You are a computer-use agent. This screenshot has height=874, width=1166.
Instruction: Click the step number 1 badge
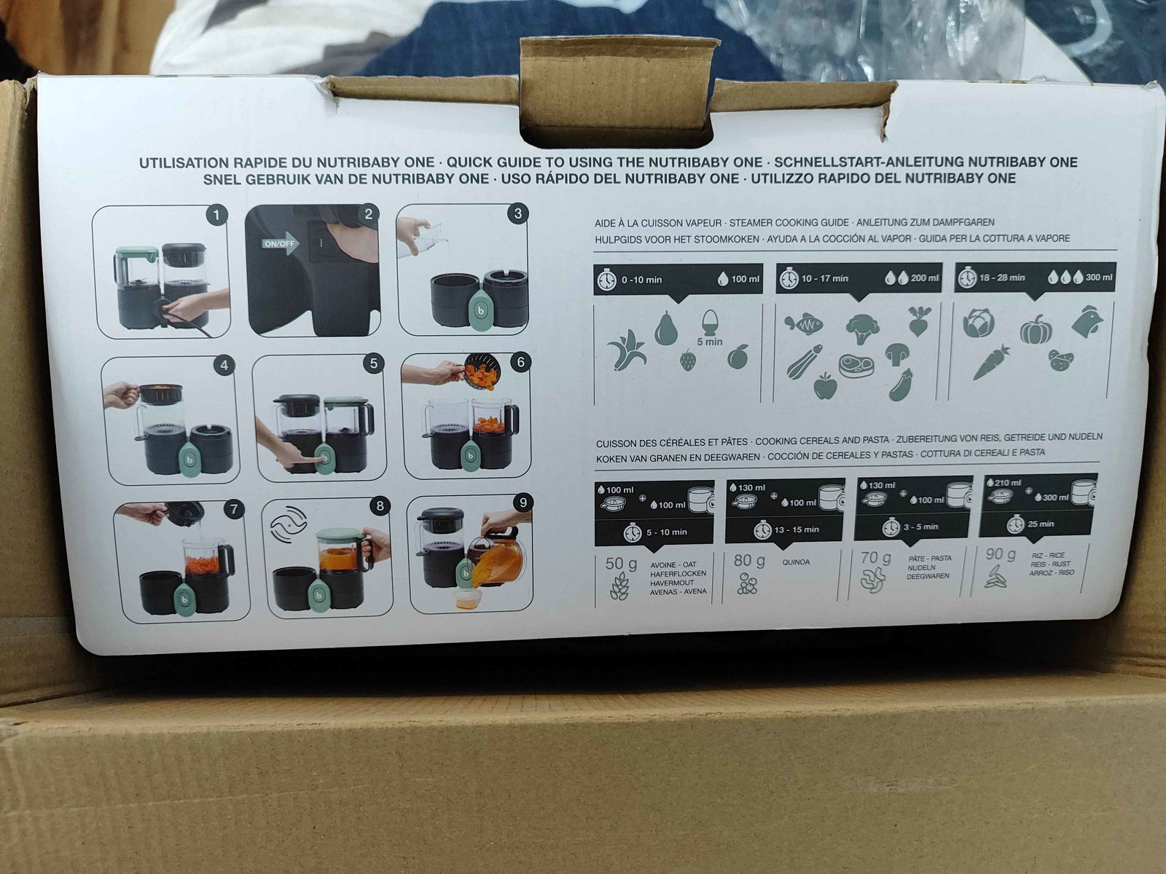tap(216, 216)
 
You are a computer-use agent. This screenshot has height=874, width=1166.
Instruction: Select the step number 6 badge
tap(520, 363)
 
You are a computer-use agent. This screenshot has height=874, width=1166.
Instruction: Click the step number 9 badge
tap(523, 503)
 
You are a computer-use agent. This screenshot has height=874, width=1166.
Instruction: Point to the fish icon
tap(804, 323)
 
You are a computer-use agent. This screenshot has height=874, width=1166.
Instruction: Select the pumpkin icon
tap(1036, 329)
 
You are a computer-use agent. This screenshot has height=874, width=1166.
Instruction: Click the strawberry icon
tap(688, 361)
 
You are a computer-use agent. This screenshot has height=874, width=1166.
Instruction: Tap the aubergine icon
tap(901, 385)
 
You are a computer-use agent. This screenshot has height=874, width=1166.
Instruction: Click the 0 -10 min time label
tap(642, 280)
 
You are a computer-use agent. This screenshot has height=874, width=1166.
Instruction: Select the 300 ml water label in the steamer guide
tap(1099, 277)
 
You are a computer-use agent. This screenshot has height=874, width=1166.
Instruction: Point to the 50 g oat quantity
tap(621, 564)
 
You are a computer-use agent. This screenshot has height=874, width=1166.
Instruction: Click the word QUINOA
tap(796, 562)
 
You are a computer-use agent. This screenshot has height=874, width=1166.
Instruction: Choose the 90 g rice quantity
tap(1001, 554)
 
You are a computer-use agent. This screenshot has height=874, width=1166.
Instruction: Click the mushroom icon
tap(897, 354)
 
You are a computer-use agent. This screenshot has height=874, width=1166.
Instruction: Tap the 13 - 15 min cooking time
tap(797, 529)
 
